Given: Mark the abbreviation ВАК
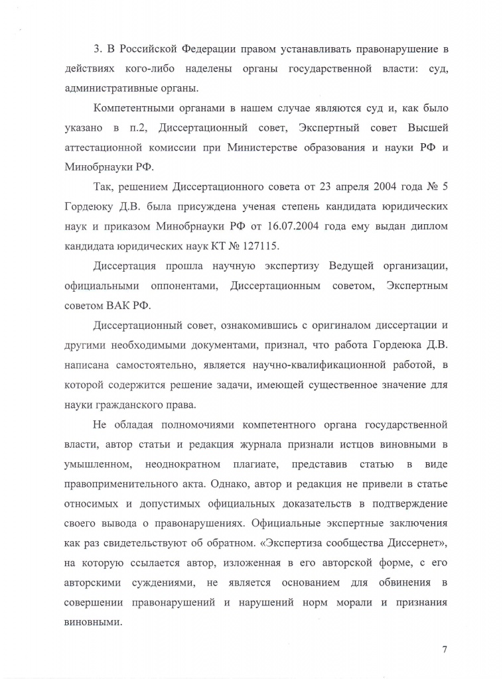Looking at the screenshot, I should (x=119, y=305).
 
